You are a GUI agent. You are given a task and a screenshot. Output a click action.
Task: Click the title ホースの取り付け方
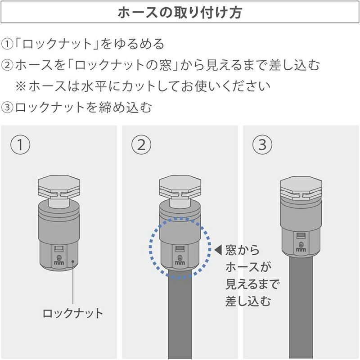(180, 13)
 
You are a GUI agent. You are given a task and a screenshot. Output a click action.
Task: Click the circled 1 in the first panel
(20, 144)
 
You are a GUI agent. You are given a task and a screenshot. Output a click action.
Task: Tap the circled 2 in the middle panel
(141, 144)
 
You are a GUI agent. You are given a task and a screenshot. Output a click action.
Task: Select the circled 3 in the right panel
(262, 144)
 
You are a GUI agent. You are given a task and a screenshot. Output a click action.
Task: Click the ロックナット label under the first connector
(73, 313)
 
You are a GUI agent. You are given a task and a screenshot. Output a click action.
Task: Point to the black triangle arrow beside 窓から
(218, 250)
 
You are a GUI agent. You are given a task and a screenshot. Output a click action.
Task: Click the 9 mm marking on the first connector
(59, 260)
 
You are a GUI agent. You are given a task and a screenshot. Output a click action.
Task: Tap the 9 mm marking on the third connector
(301, 246)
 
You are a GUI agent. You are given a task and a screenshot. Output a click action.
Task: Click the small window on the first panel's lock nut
(59, 249)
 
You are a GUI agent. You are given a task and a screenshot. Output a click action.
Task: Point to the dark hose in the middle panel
(180, 315)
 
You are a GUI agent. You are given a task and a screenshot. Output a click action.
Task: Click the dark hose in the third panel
(301, 308)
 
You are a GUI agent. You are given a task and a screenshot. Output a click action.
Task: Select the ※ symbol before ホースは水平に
(21, 86)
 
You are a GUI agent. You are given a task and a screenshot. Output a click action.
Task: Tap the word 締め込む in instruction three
(126, 107)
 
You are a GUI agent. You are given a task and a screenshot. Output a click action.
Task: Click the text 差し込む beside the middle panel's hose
(248, 301)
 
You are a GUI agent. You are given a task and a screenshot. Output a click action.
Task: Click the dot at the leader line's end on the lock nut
(73, 261)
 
